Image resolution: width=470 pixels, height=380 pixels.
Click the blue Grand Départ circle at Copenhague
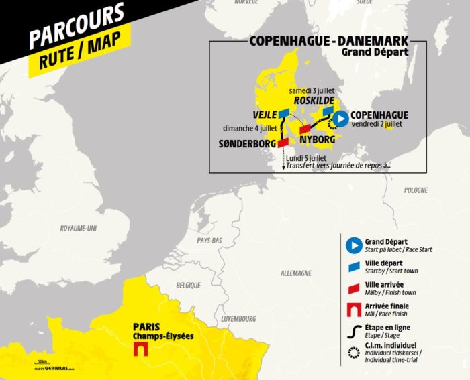pos(340,119)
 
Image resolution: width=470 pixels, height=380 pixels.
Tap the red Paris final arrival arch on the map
pos(141,350)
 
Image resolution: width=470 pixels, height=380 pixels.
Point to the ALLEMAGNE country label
pos(296,273)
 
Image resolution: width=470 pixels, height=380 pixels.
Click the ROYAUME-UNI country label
pos(79,228)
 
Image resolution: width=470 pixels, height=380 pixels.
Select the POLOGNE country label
pos(416,190)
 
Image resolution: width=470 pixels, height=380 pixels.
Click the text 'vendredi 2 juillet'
pos(380,124)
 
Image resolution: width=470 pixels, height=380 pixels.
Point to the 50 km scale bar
pos(42,362)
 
